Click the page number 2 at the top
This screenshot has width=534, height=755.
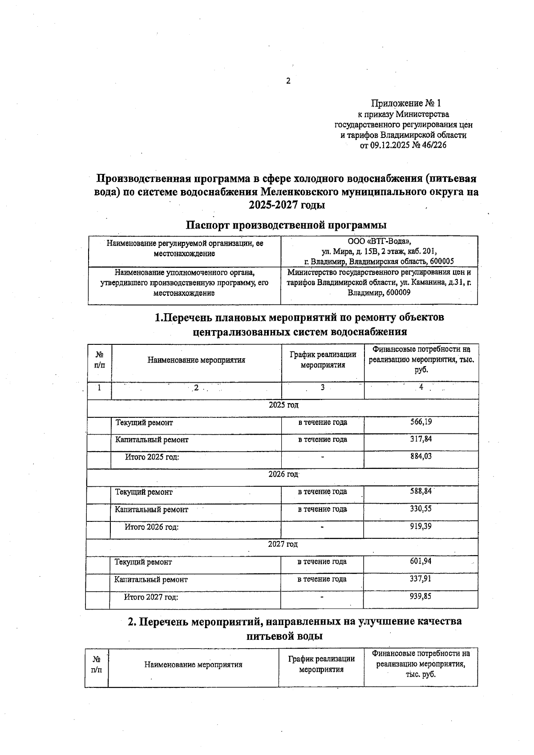click(288, 81)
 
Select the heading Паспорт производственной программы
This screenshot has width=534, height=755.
click(286, 225)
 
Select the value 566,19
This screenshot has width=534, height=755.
click(421, 422)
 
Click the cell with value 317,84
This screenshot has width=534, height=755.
click(421, 439)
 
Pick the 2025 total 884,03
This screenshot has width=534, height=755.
click(421, 456)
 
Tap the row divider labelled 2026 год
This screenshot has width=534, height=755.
click(283, 474)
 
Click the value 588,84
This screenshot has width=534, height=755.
click(421, 491)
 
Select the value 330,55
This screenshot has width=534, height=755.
click(421, 509)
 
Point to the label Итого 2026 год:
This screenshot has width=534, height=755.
click(151, 527)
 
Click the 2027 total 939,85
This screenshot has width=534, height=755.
click(421, 596)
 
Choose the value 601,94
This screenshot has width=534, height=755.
click(421, 561)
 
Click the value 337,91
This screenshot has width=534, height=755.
click(421, 579)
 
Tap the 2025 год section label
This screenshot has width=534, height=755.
click(283, 405)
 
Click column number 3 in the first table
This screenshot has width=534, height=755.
click(323, 388)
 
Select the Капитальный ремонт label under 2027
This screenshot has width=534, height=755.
click(151, 580)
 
